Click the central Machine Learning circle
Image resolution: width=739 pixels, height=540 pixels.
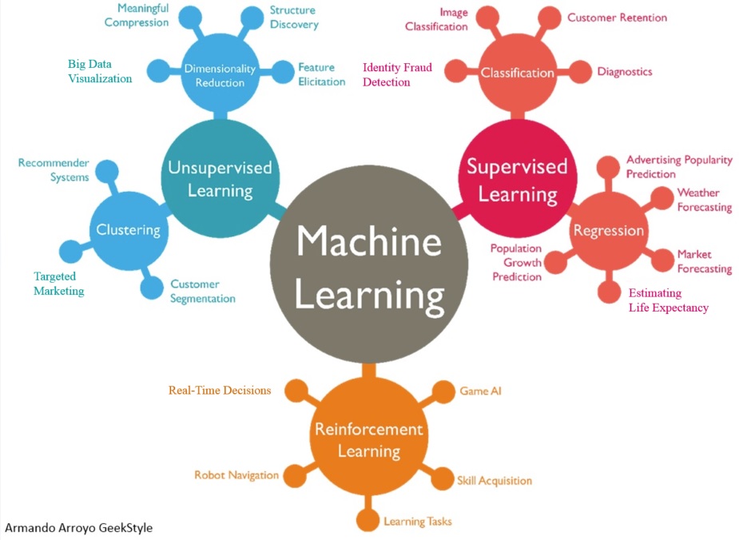[x=368, y=268]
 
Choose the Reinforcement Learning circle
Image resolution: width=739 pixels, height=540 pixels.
[x=368, y=439]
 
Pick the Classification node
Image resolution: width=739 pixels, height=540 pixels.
[x=517, y=73]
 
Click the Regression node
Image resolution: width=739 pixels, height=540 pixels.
[x=608, y=231]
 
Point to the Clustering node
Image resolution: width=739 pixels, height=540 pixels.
[x=128, y=230]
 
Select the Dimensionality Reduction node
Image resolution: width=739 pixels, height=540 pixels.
[x=220, y=76]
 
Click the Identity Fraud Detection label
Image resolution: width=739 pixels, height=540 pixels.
[x=397, y=74]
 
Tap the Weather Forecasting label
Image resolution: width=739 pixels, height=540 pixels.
[x=704, y=200]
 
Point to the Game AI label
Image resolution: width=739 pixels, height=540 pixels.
[x=480, y=391]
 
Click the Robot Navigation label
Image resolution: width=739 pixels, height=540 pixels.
[x=236, y=475]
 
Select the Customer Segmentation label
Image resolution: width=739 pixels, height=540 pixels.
[x=203, y=292]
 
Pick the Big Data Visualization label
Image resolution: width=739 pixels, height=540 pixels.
[x=100, y=71]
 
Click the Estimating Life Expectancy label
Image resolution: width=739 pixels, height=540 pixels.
[x=668, y=300]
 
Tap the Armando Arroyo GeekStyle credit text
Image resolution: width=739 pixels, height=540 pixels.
[x=78, y=527]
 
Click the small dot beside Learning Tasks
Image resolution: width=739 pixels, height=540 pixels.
[x=368, y=521]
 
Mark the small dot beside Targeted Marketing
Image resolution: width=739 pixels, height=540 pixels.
[x=71, y=252]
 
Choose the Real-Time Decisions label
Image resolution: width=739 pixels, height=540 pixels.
[x=220, y=391]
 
